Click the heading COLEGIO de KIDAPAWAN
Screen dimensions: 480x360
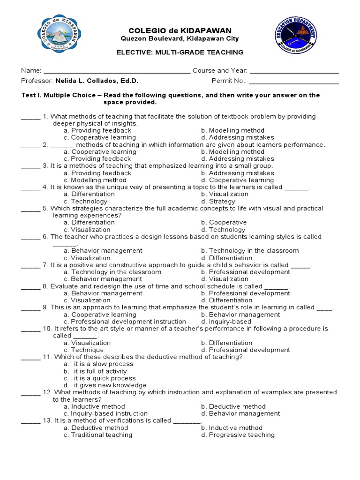click(180, 30)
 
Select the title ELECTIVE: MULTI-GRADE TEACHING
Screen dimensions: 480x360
click(180, 52)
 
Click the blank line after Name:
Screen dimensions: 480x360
click(117, 72)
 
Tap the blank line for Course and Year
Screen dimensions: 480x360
click(294, 72)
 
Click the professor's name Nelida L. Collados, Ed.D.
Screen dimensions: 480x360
click(97, 81)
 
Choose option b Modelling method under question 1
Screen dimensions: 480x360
click(232, 130)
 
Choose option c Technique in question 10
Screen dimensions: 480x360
click(84, 350)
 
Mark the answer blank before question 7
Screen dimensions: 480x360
click(31, 266)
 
